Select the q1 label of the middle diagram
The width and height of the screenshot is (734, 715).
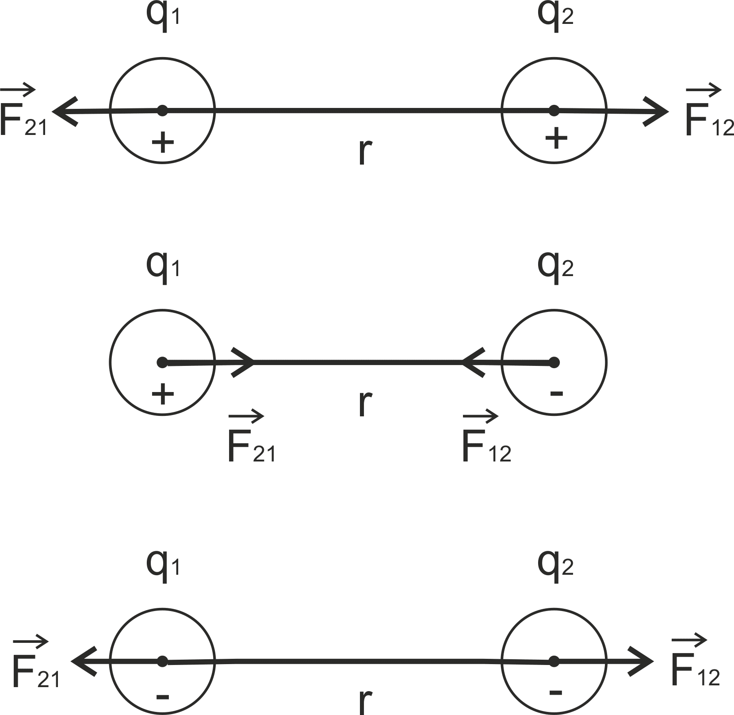[x=163, y=267]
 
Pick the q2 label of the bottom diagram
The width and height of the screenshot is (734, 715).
[x=555, y=567]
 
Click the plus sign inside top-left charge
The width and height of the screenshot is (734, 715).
[x=163, y=142]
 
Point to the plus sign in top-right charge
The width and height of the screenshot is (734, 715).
[x=556, y=139]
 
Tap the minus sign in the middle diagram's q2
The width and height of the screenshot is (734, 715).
[x=556, y=392]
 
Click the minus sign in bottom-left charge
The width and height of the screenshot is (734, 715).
[x=163, y=697]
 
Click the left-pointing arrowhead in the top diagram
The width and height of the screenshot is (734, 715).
[x=64, y=111]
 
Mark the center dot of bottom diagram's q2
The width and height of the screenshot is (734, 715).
[x=554, y=662]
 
